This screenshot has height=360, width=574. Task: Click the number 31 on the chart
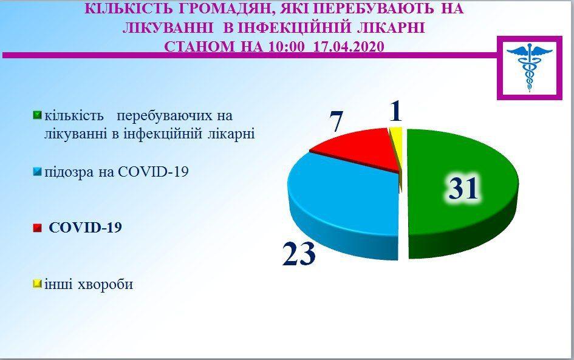(x=463, y=188)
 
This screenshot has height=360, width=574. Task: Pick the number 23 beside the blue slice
(x=299, y=253)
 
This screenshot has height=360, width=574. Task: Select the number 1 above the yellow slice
(x=395, y=112)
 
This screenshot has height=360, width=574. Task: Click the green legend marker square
(x=37, y=115)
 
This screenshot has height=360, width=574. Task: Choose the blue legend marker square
(x=37, y=172)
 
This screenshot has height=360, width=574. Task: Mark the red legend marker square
(x=37, y=228)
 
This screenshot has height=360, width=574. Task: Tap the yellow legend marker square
(x=37, y=284)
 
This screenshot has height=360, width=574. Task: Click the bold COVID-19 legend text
(x=85, y=228)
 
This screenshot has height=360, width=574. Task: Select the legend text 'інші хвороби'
(x=89, y=284)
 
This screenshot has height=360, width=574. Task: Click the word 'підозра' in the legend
(x=69, y=172)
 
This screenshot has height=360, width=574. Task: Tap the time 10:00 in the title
(x=286, y=47)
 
